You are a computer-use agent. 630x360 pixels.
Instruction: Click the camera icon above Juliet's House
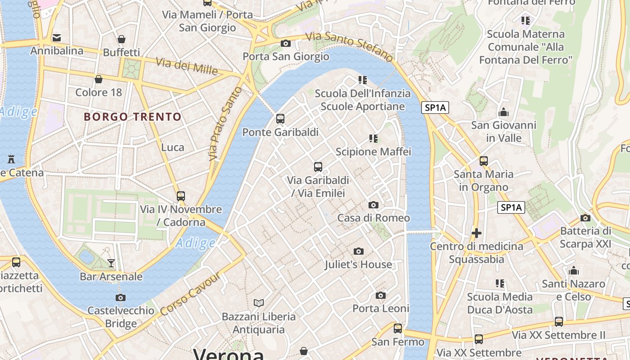pos(358,251)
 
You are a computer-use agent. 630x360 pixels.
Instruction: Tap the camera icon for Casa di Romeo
pos(373,205)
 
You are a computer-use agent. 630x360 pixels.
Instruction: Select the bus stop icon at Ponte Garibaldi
pos(280,119)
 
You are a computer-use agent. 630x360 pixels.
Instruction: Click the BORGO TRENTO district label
pos(133,117)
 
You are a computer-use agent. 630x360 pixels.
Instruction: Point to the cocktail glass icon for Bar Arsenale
pos(111,263)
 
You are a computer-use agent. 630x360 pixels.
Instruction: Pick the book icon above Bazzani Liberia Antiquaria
pos(258,303)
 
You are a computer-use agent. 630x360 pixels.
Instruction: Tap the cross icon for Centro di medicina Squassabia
pos(476,233)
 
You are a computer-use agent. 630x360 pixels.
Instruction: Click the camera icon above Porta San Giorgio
pos(285,44)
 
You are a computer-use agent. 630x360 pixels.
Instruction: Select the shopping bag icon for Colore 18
pos(99,80)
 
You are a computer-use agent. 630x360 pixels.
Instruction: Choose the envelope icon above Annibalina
pos(57,37)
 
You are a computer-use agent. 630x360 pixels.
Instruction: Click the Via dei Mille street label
pos(187,66)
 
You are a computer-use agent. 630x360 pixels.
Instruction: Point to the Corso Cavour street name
pos(190,293)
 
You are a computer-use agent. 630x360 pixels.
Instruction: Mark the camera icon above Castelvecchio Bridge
pos(120,297)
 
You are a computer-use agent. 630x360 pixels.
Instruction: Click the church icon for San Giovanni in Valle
pos(504,112)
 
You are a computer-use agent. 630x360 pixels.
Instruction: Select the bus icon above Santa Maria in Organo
pos(484,161)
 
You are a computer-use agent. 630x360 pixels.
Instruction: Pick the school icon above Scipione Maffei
pos(373,139)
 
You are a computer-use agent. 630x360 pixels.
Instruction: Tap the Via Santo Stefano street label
pos(350,46)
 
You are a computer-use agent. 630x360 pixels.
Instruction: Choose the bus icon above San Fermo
pos(398,328)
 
